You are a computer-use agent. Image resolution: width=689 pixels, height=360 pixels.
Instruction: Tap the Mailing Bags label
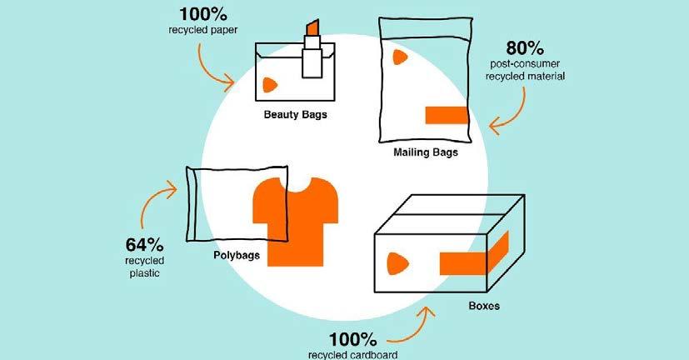(425, 152)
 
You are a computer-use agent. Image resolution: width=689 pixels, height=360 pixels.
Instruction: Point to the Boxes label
(484, 306)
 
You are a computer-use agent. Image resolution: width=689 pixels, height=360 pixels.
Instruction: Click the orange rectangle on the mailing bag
(450, 115)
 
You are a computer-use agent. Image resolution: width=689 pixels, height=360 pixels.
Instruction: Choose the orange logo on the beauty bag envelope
(269, 85)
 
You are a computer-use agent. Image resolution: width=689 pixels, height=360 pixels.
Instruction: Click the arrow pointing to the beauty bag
(215, 68)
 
